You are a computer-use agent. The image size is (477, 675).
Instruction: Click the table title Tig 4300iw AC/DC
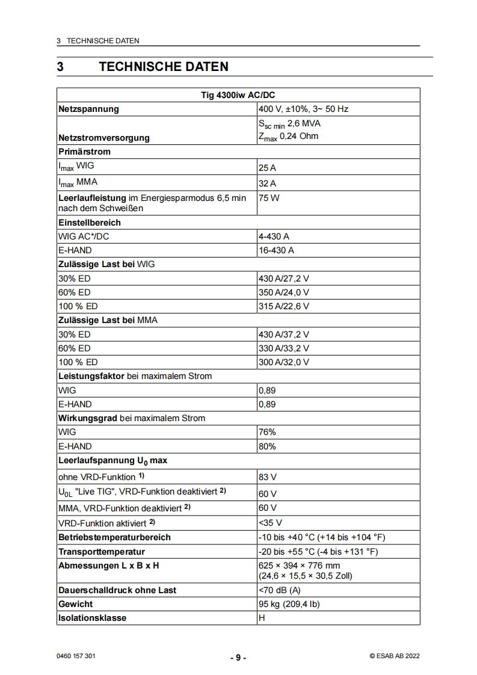tap(238, 95)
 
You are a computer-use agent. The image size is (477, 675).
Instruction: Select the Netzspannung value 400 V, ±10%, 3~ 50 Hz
tap(303, 109)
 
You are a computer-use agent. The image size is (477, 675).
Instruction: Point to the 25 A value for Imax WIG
tap(267, 169)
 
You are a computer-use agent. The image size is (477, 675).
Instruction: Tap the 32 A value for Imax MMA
tap(267, 183)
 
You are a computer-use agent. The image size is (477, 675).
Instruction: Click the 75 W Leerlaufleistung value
tap(268, 198)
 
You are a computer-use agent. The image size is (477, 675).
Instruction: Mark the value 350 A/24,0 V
tap(284, 292)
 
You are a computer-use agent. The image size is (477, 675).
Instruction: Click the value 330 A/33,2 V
tap(284, 348)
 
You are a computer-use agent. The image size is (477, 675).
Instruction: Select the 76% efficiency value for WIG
tap(267, 432)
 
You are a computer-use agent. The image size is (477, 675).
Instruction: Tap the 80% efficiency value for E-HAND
tap(267, 446)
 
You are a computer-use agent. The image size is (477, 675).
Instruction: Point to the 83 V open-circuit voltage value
tap(267, 477)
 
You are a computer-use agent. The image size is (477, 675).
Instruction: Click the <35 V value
tap(270, 523)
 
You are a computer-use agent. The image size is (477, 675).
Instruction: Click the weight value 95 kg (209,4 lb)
tap(289, 604)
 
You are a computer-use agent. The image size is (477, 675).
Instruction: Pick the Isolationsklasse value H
tap(261, 618)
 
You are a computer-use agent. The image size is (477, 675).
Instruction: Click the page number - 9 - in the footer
tap(238, 658)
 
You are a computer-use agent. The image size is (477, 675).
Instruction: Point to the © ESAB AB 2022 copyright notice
tap(395, 656)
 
